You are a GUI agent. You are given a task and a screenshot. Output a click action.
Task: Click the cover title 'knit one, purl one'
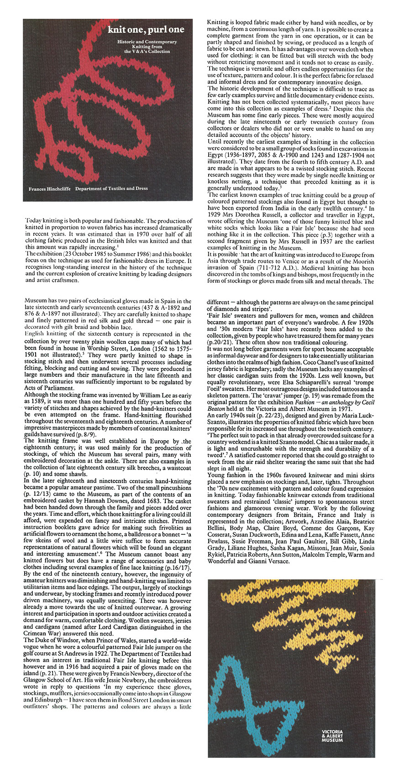pos(146,30)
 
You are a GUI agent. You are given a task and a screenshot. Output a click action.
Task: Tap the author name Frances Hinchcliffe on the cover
pos(49,188)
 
